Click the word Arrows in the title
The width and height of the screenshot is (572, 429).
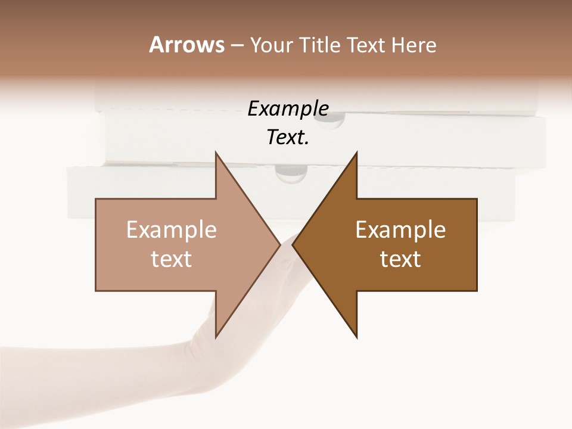point(186,45)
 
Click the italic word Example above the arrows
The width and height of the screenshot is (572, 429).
point(288,109)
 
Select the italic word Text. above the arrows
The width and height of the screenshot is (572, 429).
point(288,138)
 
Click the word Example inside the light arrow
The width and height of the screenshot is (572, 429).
point(172,229)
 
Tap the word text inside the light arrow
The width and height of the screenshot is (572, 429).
point(172,259)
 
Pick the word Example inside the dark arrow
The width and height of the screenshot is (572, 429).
point(400,229)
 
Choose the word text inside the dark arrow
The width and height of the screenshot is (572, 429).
point(400,259)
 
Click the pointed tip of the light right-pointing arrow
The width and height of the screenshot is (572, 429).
point(280,244)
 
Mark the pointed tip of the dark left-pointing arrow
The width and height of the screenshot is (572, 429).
point(293,244)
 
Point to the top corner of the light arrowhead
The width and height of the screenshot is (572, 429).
point(216,153)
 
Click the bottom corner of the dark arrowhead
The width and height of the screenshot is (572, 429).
point(356,337)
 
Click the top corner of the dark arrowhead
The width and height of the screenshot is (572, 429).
point(356,153)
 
